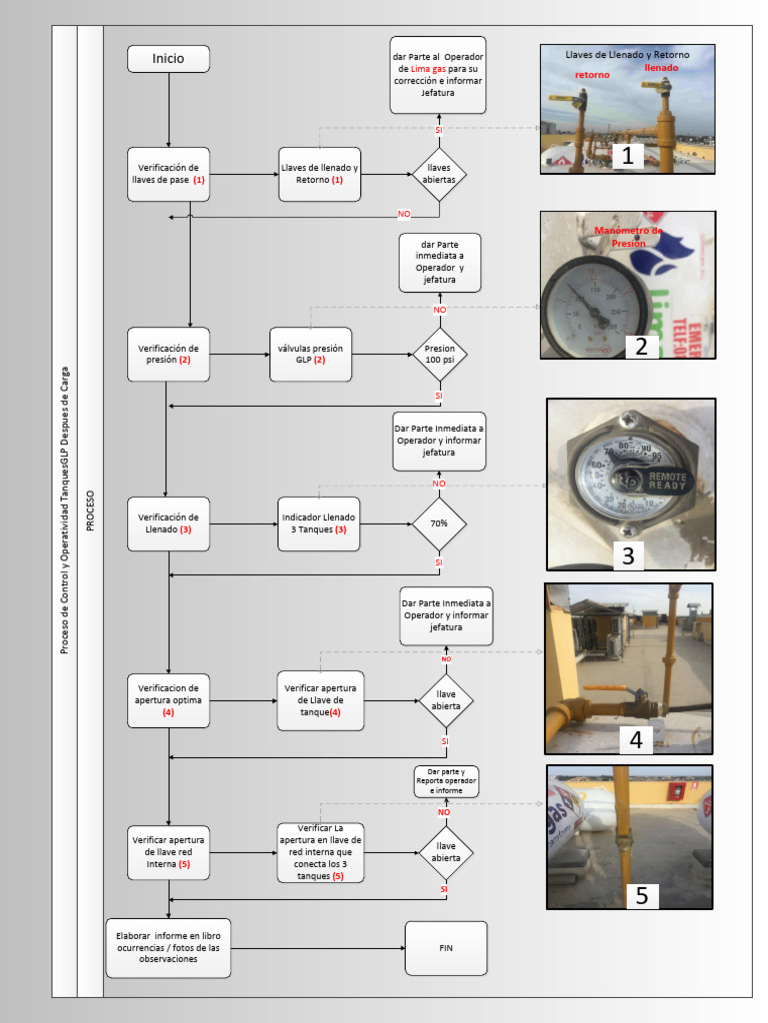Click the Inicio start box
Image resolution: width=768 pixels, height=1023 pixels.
tap(168, 59)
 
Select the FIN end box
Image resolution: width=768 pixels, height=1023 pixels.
tap(446, 947)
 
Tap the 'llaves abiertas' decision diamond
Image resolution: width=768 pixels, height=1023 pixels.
tap(439, 174)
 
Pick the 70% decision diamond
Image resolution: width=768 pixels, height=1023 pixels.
tap(439, 522)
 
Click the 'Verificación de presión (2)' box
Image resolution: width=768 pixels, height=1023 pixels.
tap(168, 354)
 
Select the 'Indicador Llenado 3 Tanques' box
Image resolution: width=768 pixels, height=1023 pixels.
tap(320, 523)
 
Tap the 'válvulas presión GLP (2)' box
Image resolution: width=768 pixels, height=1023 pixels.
tap(311, 354)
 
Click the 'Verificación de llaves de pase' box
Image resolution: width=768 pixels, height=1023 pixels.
tap(168, 174)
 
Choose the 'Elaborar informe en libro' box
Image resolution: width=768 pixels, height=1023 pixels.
tap(168, 948)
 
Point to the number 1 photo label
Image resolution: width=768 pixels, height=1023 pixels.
tap(627, 155)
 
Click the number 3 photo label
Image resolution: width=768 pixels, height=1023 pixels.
tap(628, 555)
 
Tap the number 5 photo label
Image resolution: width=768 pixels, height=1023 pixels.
tap(641, 895)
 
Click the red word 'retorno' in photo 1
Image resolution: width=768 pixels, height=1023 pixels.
tap(592, 75)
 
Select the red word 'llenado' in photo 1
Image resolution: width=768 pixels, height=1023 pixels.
tap(661, 68)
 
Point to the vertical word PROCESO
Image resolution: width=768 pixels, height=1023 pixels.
tap(90, 510)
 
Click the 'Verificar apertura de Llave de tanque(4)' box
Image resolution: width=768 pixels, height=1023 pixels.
tap(320, 700)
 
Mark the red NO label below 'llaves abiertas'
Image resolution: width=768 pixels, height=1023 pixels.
tap(404, 214)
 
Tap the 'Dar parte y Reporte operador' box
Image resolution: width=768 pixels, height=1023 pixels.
tap(446, 781)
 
